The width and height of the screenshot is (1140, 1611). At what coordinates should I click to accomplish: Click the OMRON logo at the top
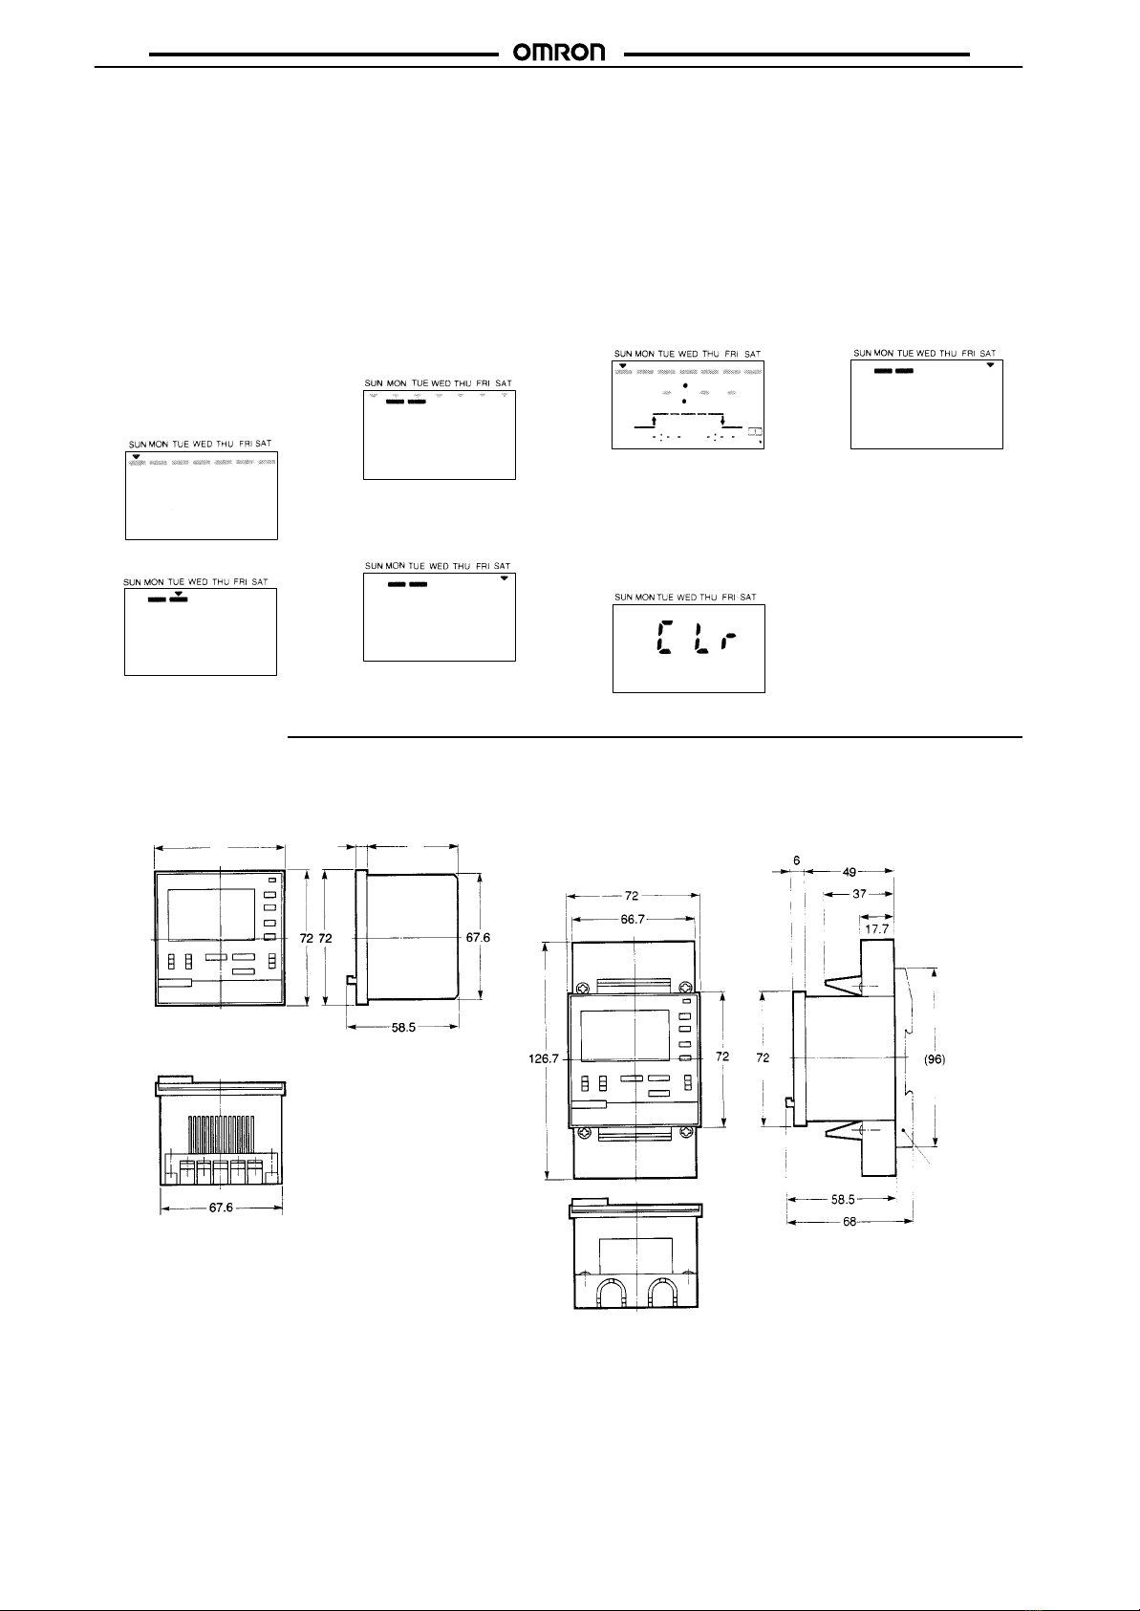558,53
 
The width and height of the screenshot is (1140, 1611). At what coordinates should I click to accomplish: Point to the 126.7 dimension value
544,1058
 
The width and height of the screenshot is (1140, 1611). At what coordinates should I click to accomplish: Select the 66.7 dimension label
633,919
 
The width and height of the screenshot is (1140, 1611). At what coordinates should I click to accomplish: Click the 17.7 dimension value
876,929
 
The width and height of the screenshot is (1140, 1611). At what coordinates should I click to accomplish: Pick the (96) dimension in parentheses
935,1058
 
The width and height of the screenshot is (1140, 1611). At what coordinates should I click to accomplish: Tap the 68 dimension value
849,1221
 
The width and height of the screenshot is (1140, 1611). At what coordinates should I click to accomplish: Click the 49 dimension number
849,872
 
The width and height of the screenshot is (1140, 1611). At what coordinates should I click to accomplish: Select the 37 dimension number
859,894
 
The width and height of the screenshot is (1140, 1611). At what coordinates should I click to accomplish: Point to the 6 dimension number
796,860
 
